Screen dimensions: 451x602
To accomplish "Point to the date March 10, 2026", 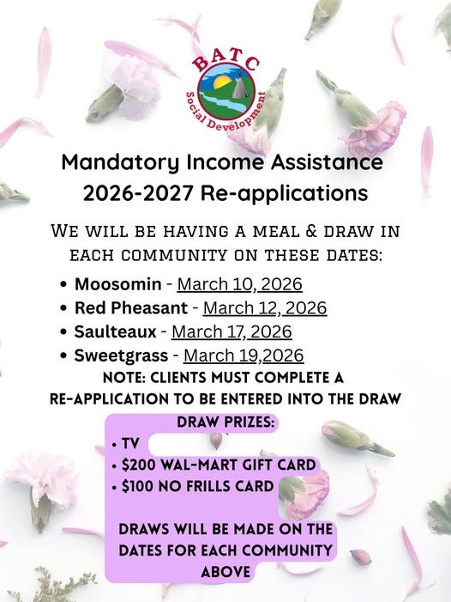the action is [x=239, y=284].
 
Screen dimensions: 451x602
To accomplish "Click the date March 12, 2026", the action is [x=264, y=307].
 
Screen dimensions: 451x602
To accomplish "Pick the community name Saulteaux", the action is [x=115, y=331].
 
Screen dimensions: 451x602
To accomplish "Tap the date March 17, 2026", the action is [x=232, y=331].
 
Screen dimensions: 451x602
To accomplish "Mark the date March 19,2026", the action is [x=244, y=356].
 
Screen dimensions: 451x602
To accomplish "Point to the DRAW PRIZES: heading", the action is [x=225, y=423].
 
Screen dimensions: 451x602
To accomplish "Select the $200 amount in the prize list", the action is [x=140, y=465].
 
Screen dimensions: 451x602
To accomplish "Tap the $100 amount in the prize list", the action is [x=139, y=487].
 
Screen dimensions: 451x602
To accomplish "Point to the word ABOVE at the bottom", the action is [x=225, y=571].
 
